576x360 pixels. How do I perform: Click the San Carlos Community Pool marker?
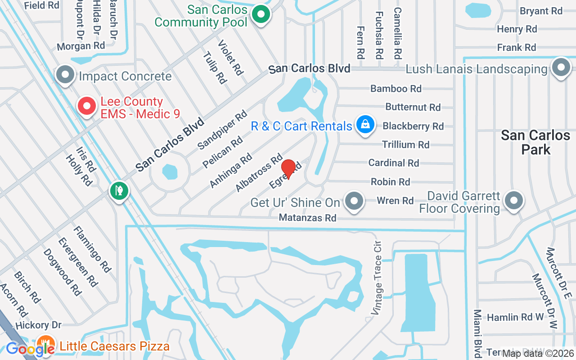pos(260,14)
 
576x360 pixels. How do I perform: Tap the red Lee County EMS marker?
pos(87,107)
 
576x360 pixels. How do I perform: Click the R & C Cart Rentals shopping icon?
pos(365,125)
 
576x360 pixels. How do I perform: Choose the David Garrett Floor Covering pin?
pos(513,201)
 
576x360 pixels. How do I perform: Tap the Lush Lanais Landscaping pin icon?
pos(561,67)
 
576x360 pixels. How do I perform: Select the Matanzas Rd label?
pos(307,218)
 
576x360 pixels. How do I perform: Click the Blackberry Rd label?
pos(413,126)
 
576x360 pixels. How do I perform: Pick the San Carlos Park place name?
pos(535,142)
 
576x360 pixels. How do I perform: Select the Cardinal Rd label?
pos(393,163)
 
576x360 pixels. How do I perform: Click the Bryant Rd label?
pos(541,11)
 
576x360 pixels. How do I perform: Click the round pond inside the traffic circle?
pos(170,171)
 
